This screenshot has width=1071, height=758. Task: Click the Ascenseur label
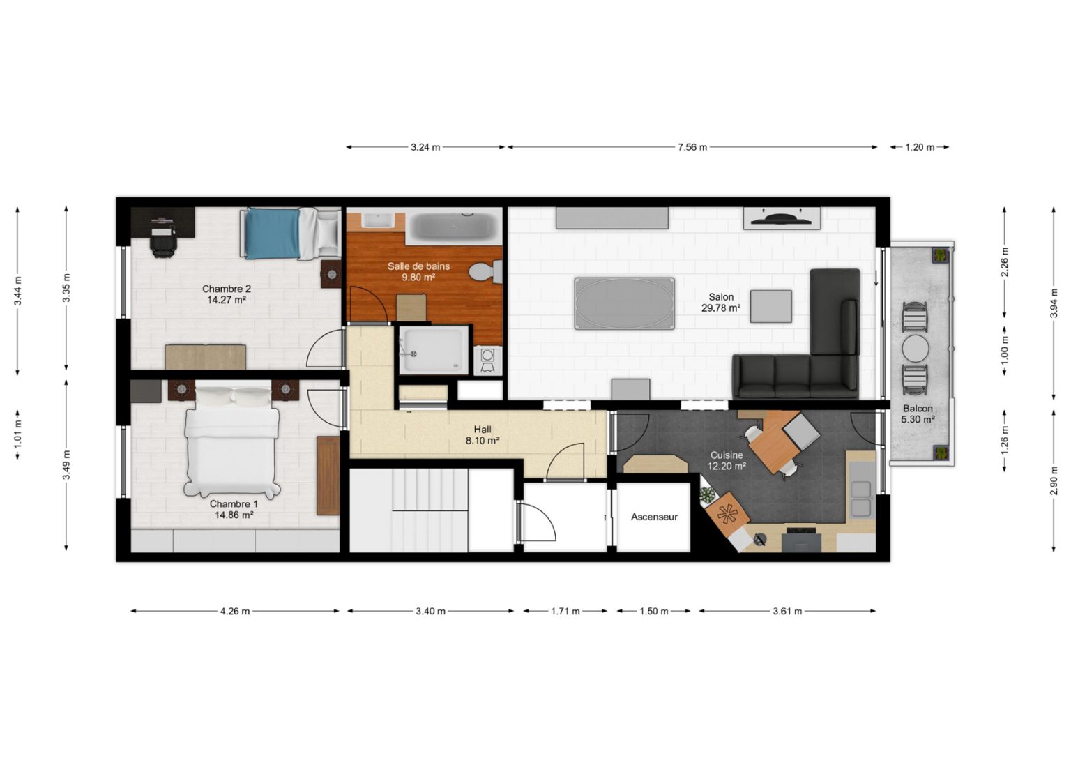click(653, 517)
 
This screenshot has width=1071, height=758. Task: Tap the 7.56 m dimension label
click(692, 147)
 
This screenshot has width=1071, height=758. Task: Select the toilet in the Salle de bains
click(485, 272)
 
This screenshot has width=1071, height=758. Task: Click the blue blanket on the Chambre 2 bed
click(272, 233)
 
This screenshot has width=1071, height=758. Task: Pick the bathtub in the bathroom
click(453, 226)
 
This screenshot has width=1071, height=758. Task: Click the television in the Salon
click(780, 219)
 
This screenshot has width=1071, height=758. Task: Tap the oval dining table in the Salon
click(625, 303)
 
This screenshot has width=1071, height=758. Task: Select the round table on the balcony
click(916, 348)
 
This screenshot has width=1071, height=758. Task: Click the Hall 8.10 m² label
click(482, 435)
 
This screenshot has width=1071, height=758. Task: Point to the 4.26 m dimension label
click(235, 611)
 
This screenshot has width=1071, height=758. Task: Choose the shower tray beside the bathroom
click(434, 349)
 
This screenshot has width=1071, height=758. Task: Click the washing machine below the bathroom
click(487, 360)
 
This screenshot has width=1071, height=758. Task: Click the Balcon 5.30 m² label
click(918, 414)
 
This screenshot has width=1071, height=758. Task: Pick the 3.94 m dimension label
click(1054, 303)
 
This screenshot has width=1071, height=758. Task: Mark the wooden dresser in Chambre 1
click(328, 475)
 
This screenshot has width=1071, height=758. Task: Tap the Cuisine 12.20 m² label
click(727, 460)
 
